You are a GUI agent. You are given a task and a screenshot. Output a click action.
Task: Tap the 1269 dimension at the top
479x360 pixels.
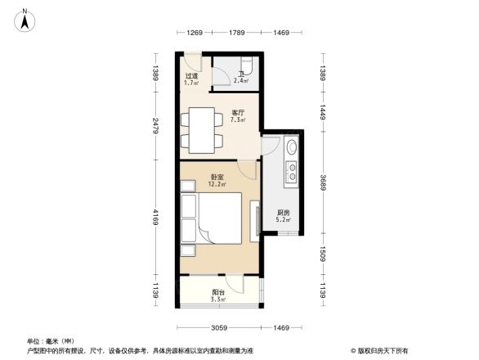[194, 32]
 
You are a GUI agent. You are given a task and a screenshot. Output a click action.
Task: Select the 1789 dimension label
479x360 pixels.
[237, 32]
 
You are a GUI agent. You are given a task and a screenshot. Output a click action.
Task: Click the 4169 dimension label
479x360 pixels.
[154, 221]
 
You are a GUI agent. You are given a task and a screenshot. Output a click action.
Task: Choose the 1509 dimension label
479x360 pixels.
[323, 256]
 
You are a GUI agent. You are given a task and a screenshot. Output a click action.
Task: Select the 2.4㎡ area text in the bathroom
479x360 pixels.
[240, 80]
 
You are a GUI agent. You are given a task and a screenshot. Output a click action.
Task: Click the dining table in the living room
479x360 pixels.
[201, 129]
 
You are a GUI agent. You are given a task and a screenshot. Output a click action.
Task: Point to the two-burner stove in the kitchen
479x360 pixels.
[291, 172]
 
